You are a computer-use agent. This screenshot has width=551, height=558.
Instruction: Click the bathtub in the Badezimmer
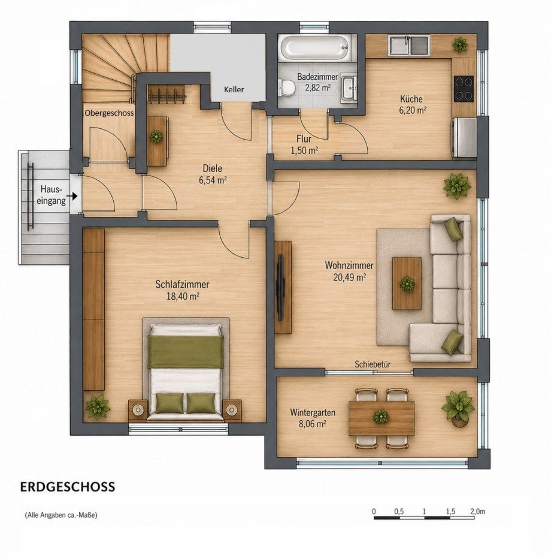[317, 49]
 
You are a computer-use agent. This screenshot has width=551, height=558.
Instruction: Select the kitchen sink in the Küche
[408, 46]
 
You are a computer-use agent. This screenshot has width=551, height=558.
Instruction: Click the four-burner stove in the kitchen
[463, 88]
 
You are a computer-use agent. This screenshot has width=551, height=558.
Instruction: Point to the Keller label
[234, 89]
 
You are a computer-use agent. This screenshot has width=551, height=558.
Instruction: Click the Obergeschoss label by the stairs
[108, 113]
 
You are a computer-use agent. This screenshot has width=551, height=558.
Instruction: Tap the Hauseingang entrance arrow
[74, 195]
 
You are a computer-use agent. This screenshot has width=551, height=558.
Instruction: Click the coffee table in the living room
[407, 283]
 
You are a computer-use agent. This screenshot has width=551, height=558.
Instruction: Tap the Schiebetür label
[373, 364]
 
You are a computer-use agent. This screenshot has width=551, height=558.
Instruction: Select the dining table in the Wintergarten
[382, 417]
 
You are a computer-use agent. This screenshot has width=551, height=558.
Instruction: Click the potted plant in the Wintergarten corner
[458, 408]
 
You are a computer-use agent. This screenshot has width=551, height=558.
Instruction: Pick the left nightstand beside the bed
[138, 410]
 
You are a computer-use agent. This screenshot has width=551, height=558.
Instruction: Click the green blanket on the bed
[186, 351]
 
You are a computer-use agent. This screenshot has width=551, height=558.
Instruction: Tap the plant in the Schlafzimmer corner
[97, 407]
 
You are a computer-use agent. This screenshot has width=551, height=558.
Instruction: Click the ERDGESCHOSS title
[67, 487]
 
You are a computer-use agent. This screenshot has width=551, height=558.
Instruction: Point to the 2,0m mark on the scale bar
[477, 511]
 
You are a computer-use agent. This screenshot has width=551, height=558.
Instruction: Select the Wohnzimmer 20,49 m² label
[349, 271]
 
